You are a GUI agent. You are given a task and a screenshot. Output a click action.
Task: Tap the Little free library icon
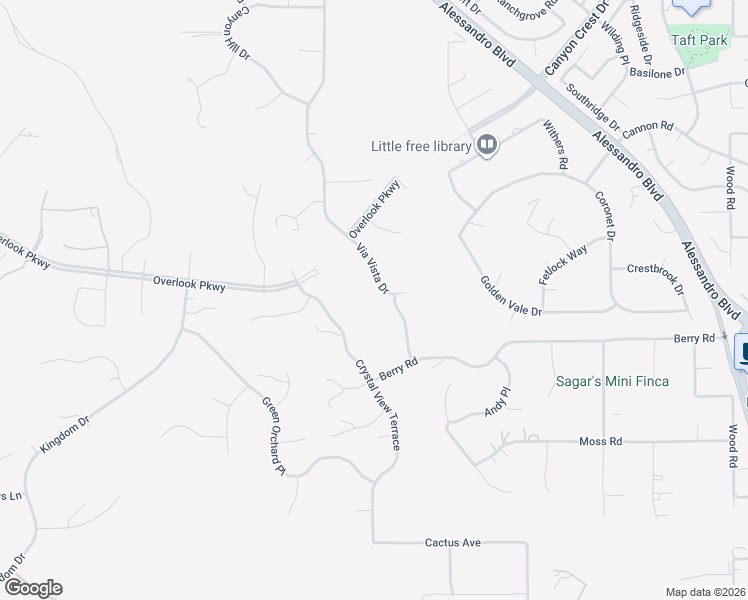click(x=487, y=146)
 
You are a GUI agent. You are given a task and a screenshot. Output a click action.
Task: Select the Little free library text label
click(x=420, y=146)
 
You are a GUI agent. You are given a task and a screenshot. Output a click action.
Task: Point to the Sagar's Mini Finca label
click(x=612, y=381)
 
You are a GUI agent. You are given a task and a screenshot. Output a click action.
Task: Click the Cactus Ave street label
click(x=453, y=542)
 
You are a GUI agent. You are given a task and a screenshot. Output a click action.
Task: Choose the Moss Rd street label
click(x=601, y=441)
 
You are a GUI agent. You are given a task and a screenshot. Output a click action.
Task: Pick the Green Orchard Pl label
click(x=274, y=437)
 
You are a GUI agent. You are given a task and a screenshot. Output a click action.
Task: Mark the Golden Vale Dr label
click(x=510, y=297)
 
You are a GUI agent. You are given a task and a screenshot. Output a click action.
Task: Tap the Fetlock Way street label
click(x=563, y=265)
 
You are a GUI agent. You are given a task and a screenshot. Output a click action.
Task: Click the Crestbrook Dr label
click(x=655, y=277)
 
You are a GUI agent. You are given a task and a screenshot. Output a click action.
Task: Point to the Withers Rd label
click(x=556, y=144)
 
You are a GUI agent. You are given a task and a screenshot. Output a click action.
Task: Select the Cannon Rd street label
click(x=647, y=128)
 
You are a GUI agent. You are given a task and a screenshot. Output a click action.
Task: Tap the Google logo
click(x=33, y=588)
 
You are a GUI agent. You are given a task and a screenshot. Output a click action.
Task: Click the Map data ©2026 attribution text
click(x=705, y=592)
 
